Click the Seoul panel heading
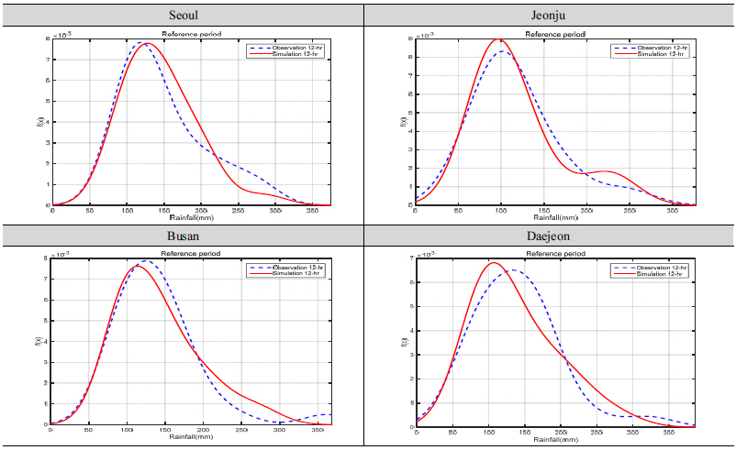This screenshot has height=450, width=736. click(184, 16)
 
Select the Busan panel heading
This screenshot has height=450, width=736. click(184, 236)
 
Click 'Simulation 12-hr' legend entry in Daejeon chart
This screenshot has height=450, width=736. click(652, 274)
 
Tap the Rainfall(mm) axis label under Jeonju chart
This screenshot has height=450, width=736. click(554, 218)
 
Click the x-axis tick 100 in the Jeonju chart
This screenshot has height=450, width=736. click(501, 211)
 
